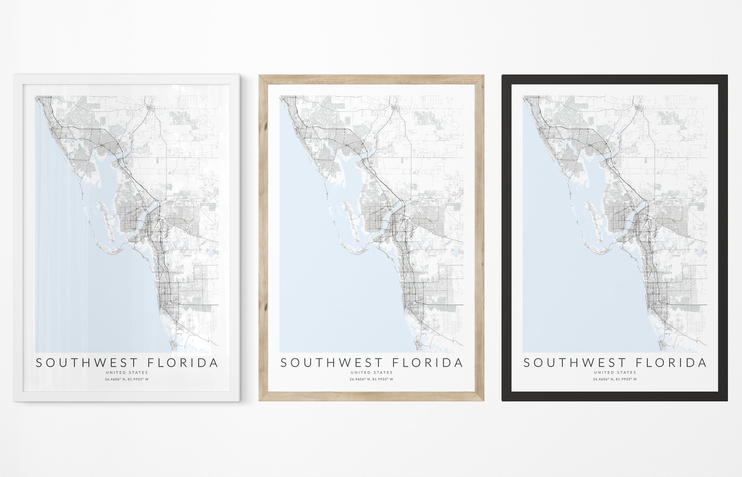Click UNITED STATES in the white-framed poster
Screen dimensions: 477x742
click(x=127, y=372)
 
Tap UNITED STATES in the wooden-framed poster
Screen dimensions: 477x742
click(x=371, y=372)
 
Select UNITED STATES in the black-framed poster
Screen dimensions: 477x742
click(x=615, y=372)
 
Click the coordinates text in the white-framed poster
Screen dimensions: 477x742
click(x=127, y=379)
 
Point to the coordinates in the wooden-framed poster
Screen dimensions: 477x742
click(x=371, y=379)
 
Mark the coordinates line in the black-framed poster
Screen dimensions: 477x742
click(x=615, y=379)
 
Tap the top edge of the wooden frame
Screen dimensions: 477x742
click(x=371, y=79)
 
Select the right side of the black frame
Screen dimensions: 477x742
click(x=723, y=238)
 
